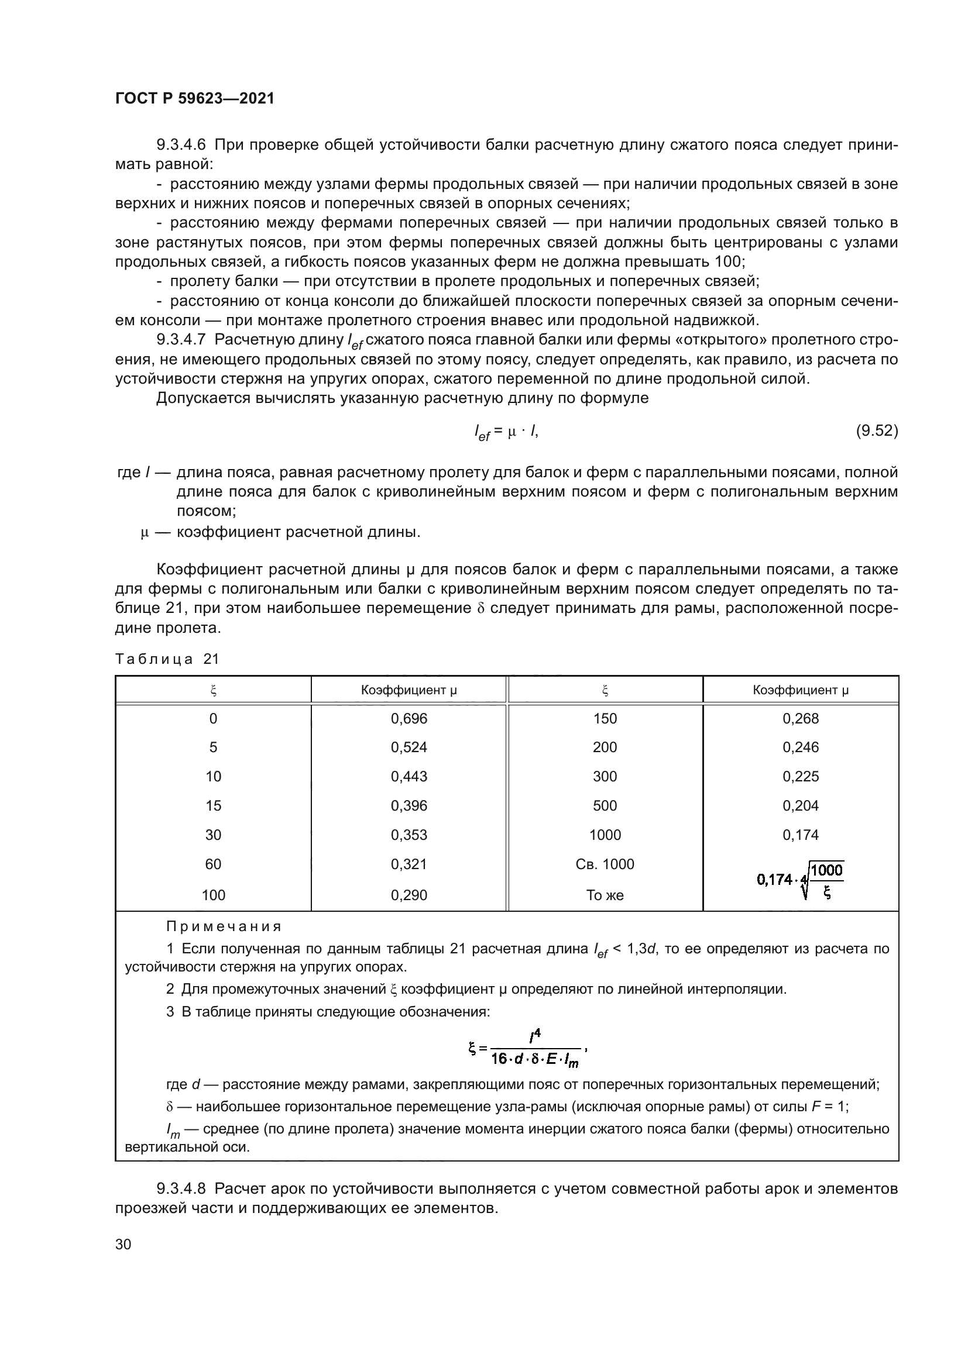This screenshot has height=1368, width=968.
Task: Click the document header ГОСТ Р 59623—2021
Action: [x=195, y=99]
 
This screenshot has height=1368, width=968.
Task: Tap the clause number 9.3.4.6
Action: [x=181, y=145]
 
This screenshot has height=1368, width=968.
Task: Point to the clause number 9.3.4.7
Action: [x=181, y=340]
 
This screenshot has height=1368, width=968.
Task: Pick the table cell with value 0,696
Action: [x=409, y=719]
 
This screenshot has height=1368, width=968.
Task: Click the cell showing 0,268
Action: [x=801, y=719]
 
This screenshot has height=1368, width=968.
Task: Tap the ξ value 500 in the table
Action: [x=605, y=806]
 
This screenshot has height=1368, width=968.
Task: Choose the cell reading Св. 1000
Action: [x=605, y=864]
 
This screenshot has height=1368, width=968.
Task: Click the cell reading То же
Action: [x=605, y=895]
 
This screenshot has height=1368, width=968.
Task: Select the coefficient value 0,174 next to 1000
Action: [x=801, y=835]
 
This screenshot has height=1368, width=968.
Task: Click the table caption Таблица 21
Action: [x=167, y=659]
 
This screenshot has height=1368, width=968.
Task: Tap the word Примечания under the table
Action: [x=224, y=927]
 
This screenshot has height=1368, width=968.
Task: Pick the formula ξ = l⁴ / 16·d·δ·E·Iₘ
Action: [x=528, y=1049]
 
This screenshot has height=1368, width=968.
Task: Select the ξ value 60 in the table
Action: [x=213, y=864]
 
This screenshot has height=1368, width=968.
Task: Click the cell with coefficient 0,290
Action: [x=409, y=895]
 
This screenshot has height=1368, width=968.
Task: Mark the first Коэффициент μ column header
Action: [x=409, y=691]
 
